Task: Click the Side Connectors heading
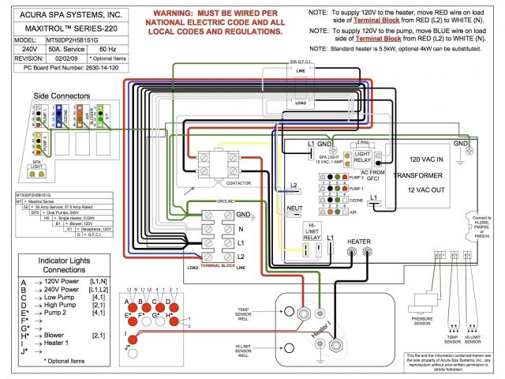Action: [x=62, y=96]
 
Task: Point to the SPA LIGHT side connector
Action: [x=36, y=167]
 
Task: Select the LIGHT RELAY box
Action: [x=362, y=157]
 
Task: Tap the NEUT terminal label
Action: [x=294, y=208]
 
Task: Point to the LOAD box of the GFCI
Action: [x=301, y=103]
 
